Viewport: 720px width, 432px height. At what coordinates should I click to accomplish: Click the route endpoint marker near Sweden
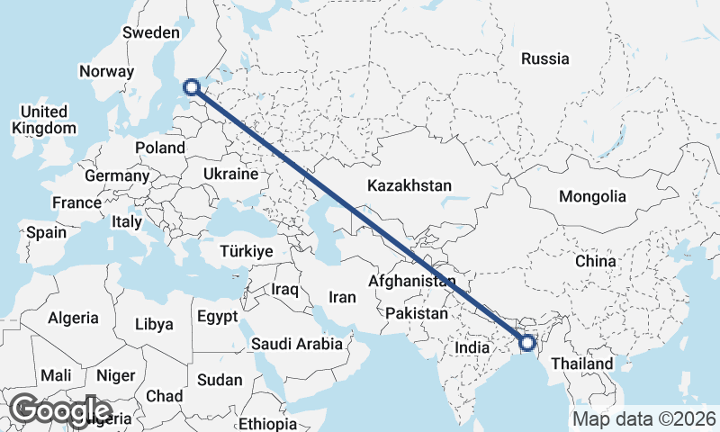(x=191, y=87)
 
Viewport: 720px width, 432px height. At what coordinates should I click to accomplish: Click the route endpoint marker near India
(x=526, y=342)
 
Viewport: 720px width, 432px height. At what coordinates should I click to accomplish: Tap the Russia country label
(x=545, y=58)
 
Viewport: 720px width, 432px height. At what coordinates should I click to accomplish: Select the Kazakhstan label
(x=409, y=185)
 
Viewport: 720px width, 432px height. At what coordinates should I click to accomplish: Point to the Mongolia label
(x=591, y=196)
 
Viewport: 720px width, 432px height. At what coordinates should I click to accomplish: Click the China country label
(x=596, y=261)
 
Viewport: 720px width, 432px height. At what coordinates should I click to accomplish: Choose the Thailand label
(x=581, y=364)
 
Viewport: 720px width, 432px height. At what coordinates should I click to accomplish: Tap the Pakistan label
(x=417, y=314)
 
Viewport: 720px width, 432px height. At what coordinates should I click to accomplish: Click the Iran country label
(x=342, y=297)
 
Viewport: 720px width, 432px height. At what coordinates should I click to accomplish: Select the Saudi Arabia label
(x=296, y=343)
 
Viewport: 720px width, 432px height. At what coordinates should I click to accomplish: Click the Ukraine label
(x=231, y=174)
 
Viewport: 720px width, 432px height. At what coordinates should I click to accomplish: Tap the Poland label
(x=159, y=148)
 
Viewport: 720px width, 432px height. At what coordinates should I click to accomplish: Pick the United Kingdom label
(x=44, y=120)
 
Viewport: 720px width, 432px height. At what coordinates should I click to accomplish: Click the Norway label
(x=106, y=71)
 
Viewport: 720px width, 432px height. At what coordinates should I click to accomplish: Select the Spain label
(x=46, y=232)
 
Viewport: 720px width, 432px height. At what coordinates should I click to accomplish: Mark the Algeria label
(x=73, y=318)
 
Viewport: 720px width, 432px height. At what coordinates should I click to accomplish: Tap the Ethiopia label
(x=268, y=423)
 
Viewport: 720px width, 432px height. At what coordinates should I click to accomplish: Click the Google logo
(x=60, y=410)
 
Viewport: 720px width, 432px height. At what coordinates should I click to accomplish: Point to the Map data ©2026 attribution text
(x=643, y=418)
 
